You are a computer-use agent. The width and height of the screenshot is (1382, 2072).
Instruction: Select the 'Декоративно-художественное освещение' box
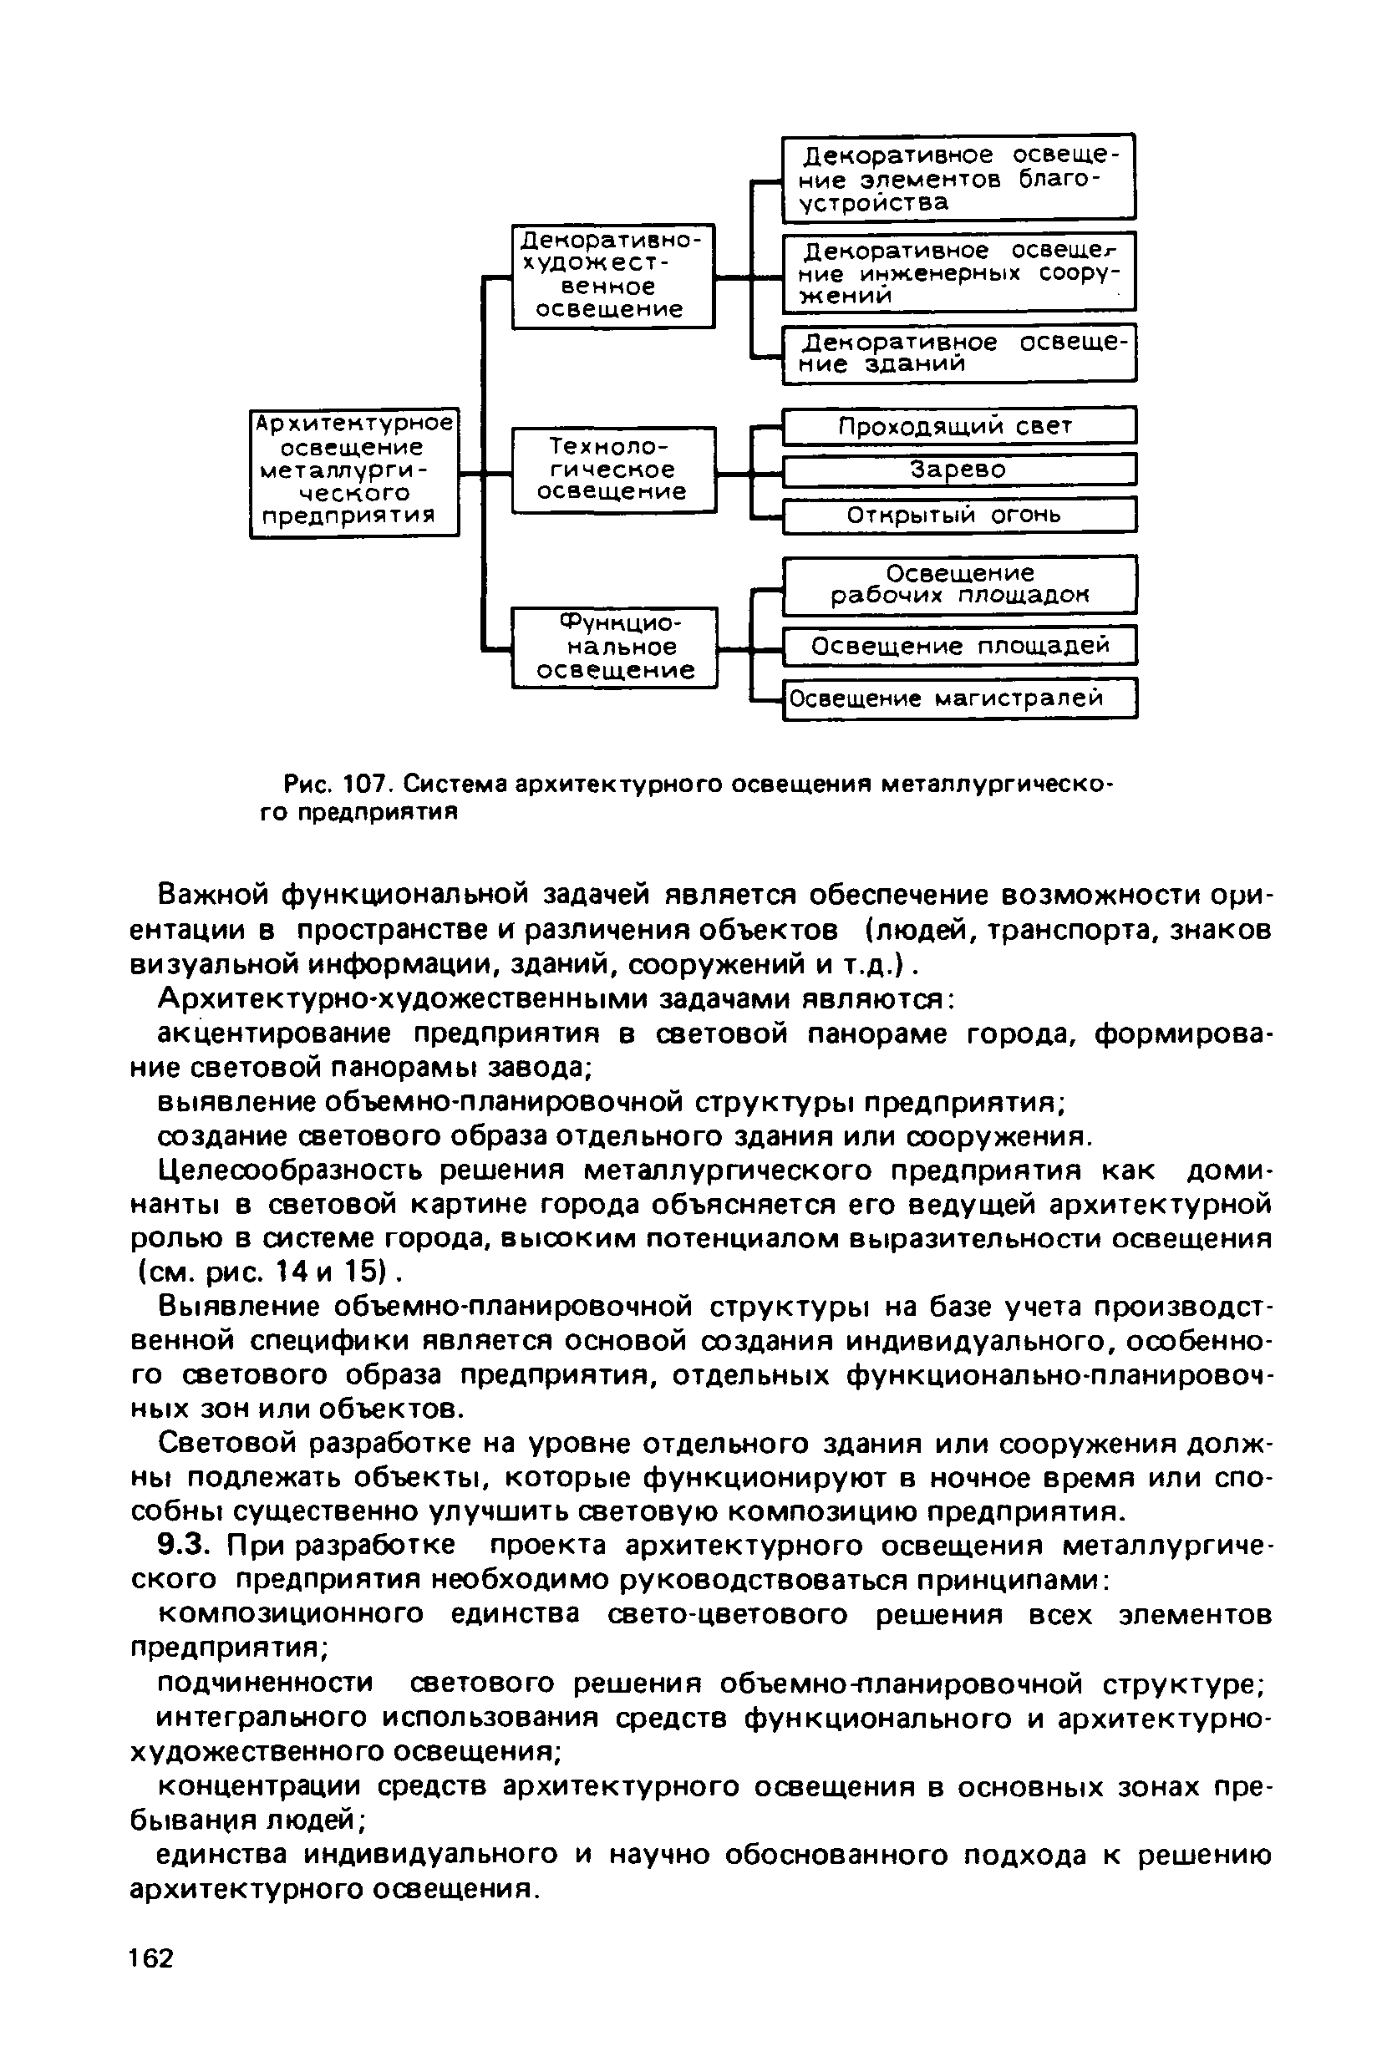pos(612,276)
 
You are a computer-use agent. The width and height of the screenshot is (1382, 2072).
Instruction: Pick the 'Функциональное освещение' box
pos(614,647)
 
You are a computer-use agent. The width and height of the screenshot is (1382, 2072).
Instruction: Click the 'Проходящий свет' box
pos(959,427)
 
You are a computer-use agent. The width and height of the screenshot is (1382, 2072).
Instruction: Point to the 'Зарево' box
pos(959,470)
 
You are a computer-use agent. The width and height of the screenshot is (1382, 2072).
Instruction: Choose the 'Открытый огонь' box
pos(959,515)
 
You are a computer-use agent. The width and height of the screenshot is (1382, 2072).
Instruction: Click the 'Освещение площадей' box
pos(959,646)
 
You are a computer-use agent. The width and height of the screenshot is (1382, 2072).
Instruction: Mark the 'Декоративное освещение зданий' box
pos(959,353)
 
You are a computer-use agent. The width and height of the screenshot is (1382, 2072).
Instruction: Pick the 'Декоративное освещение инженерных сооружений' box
pos(959,272)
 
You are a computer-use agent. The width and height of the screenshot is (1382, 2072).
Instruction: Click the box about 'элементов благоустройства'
pos(959,178)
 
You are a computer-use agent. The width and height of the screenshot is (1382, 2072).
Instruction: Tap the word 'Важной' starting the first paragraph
pos(211,895)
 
